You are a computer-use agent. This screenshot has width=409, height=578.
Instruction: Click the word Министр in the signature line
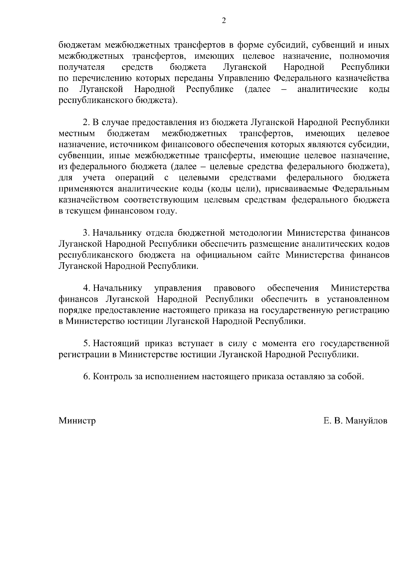pos(77,421)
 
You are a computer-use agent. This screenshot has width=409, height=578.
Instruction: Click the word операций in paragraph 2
pos(135,178)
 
